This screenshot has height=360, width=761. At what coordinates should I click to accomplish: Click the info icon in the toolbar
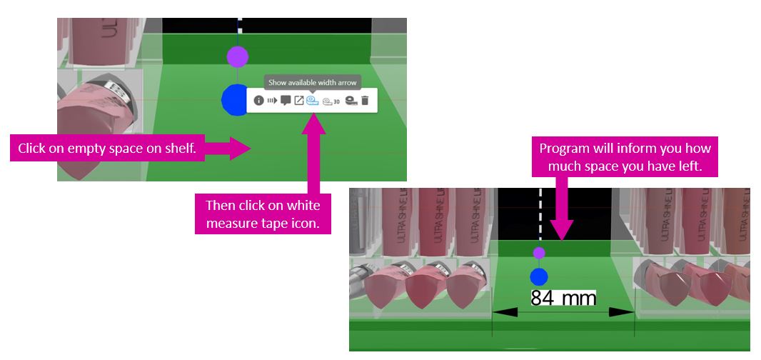pyautogui.click(x=259, y=101)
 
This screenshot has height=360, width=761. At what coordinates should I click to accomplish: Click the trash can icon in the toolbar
pyautogui.click(x=365, y=101)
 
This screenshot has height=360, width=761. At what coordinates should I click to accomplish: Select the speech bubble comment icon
pyautogui.click(x=286, y=101)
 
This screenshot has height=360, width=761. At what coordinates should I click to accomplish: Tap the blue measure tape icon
pyautogui.click(x=312, y=101)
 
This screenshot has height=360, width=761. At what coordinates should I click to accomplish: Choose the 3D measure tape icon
pyautogui.click(x=331, y=101)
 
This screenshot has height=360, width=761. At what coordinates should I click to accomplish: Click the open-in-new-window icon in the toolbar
pyautogui.click(x=299, y=101)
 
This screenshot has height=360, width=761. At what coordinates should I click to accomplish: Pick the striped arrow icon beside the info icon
pyautogui.click(x=272, y=101)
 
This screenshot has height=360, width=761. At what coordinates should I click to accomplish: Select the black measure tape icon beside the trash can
pyautogui.click(x=351, y=101)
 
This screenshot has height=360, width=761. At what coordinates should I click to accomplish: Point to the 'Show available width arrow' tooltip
pyautogui.click(x=312, y=82)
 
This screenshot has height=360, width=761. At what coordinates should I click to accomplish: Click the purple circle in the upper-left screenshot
pyautogui.click(x=237, y=56)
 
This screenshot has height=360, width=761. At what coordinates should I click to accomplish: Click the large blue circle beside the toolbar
pyautogui.click(x=234, y=99)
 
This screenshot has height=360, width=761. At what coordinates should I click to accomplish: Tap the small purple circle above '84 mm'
pyautogui.click(x=539, y=253)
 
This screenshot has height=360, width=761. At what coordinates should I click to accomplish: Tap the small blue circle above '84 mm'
pyautogui.click(x=539, y=276)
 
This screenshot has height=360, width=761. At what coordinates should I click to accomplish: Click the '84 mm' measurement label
pyautogui.click(x=563, y=297)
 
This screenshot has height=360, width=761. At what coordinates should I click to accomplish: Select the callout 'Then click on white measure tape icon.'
pyautogui.click(x=262, y=215)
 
